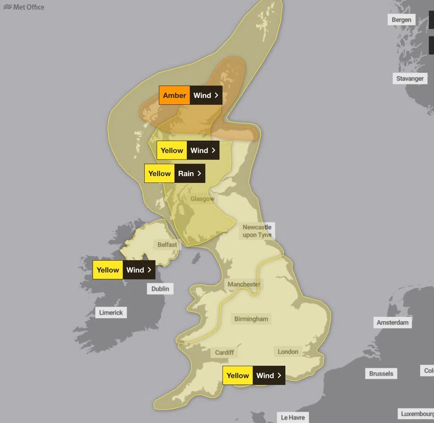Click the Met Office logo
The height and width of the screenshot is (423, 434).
point(24,7)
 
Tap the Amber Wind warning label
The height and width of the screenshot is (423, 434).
point(190,95)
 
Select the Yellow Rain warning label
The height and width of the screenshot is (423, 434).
point(174,174)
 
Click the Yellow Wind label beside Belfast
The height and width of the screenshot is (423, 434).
point(124,270)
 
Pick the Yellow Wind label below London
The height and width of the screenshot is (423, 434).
point(254,375)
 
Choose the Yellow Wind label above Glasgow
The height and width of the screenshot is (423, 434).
point(187,150)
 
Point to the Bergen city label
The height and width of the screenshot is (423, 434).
point(401,20)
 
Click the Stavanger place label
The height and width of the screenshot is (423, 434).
point(410,78)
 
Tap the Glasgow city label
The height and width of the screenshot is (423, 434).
point(202,199)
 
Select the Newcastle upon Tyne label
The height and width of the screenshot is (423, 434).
point(257,231)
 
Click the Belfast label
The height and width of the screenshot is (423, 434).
point(167,245)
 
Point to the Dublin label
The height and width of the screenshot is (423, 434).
point(160,289)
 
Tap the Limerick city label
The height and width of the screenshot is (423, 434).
point(111,313)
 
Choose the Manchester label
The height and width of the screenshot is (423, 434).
point(244,284)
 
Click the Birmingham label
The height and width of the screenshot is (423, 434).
point(251,319)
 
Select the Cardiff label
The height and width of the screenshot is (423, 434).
point(224,352)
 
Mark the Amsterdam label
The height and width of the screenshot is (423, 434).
point(392,322)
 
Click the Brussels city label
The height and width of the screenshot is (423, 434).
point(381,374)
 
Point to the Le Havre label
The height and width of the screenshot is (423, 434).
point(293,418)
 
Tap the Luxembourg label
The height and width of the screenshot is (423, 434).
point(417,414)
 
